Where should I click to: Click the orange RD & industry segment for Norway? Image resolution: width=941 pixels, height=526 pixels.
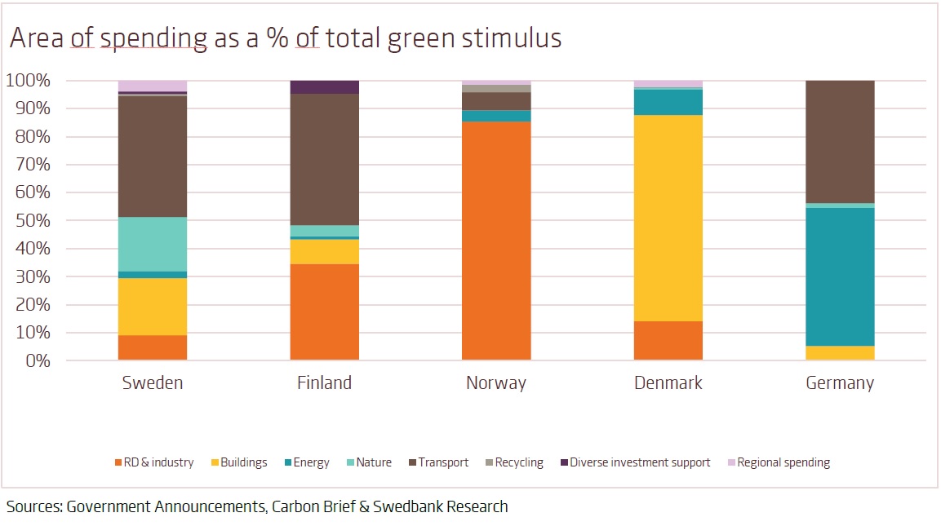pyautogui.click(x=496, y=241)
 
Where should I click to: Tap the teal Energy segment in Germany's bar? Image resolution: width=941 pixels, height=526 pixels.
pyautogui.click(x=840, y=276)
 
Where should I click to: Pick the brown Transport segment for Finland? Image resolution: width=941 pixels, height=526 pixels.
pyautogui.click(x=325, y=159)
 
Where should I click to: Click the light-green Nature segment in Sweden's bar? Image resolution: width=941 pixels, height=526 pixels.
pyautogui.click(x=153, y=244)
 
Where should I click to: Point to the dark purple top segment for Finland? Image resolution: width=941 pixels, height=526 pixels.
pyautogui.click(x=325, y=87)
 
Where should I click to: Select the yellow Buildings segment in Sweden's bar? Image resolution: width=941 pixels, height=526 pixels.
pyautogui.click(x=153, y=307)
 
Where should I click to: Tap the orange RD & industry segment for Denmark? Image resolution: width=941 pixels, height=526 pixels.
pyautogui.click(x=668, y=341)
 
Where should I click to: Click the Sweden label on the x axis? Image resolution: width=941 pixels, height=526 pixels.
pyautogui.click(x=153, y=383)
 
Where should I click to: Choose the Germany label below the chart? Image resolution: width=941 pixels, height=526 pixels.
pyautogui.click(x=840, y=383)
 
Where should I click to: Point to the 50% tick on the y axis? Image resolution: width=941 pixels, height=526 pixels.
pyautogui.click(x=33, y=221)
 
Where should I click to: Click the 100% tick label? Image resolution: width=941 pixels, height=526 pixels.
pyautogui.click(x=29, y=81)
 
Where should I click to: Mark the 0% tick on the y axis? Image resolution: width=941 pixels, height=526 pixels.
pyautogui.click(x=38, y=360)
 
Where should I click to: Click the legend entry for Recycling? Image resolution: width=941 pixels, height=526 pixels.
pyautogui.click(x=518, y=462)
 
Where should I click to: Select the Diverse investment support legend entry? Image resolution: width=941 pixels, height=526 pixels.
pyautogui.click(x=640, y=462)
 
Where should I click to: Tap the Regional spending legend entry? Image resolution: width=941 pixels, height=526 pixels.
pyautogui.click(x=783, y=462)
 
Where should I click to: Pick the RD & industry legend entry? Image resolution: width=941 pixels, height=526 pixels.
pyautogui.click(x=158, y=462)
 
